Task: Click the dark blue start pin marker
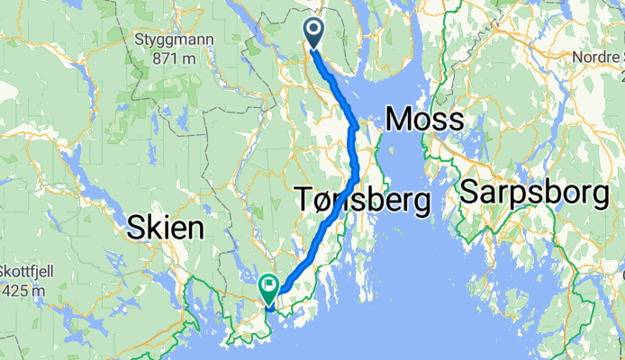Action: pos(314,33)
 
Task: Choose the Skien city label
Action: pos(165,228)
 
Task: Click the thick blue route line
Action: pos(353,153)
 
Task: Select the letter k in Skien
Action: pos(149,228)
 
